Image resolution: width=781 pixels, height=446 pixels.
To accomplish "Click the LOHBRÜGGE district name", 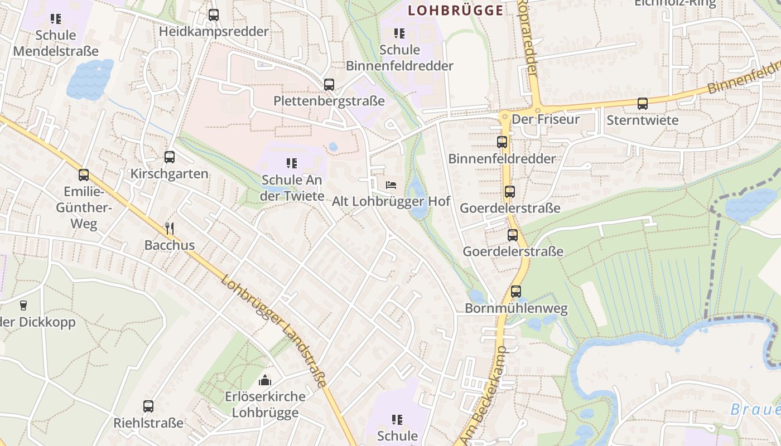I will click(455, 10).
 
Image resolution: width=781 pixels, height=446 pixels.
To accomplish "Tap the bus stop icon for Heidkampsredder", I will click(214, 15).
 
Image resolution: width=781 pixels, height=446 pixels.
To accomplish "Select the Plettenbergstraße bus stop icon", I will click(329, 85).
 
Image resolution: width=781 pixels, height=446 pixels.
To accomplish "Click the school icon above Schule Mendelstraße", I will click(55, 19).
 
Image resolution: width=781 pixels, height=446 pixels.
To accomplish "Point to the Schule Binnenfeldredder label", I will click(399, 57).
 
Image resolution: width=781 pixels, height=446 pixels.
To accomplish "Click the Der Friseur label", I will click(546, 119).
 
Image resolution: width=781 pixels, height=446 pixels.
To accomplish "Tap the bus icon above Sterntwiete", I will click(643, 104).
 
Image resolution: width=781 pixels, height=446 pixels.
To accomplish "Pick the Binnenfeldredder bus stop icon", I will click(502, 142).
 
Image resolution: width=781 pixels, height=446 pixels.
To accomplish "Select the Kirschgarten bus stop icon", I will click(170, 157).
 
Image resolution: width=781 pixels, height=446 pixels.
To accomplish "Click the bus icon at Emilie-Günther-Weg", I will click(84, 175).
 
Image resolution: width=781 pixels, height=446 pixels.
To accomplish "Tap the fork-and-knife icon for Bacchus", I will click(170, 228).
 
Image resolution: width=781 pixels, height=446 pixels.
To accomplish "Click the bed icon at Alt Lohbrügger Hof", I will click(391, 185).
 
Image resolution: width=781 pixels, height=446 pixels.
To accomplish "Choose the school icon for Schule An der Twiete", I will click(292, 163).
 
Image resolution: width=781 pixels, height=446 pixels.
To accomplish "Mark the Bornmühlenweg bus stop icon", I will click(516, 292).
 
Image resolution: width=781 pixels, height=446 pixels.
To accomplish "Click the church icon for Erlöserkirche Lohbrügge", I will click(265, 380).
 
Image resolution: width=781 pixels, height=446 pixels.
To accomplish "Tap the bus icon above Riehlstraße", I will click(148, 406).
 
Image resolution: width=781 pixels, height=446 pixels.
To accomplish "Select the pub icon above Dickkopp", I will click(23, 305).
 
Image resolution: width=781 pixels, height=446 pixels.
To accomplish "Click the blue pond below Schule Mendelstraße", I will click(89, 79).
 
